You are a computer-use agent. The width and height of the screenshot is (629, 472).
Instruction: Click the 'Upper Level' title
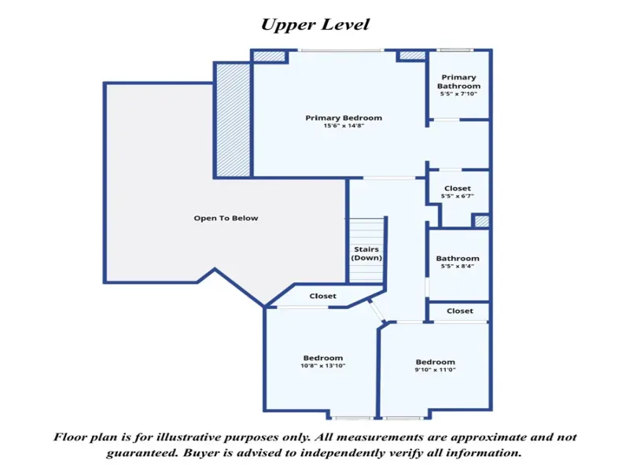315,25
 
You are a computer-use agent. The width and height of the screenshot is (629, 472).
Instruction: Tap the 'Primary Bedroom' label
344,118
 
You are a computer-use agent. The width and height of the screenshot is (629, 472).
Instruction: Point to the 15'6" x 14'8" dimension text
344,126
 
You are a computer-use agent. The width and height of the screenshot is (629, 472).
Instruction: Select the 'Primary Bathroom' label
458,82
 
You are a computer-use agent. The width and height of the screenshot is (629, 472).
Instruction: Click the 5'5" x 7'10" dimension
458,94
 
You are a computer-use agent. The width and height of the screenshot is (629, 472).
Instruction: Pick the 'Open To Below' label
226,218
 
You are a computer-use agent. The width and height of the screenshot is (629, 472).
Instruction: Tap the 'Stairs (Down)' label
366,253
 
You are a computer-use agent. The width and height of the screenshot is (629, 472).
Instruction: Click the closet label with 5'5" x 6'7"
458,188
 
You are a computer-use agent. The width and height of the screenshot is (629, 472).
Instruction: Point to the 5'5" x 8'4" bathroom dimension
458,266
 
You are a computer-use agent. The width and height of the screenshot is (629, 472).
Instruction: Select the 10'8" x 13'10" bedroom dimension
323,366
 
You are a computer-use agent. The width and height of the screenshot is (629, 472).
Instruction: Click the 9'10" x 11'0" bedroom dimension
436,370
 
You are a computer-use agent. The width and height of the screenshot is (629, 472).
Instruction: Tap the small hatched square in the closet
482,221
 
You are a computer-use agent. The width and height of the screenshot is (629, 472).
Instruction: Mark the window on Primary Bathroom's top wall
454,50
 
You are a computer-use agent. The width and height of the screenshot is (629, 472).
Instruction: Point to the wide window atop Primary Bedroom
341,50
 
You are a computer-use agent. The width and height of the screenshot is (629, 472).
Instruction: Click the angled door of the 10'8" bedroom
377,310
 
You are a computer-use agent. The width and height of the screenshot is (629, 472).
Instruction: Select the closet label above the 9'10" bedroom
460,311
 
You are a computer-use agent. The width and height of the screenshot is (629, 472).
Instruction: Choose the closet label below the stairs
322,296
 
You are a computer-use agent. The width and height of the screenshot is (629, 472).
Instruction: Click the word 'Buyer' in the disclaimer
198,453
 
